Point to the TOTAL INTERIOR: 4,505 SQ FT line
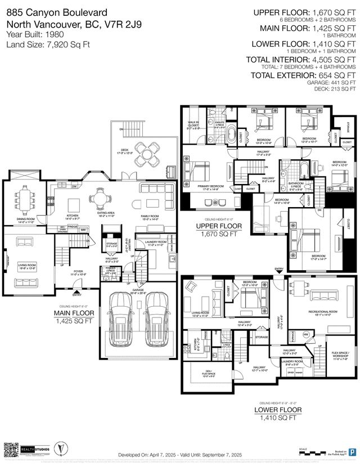tap(303, 59)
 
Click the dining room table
tap(25, 198)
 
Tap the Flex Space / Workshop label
tap(340, 355)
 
